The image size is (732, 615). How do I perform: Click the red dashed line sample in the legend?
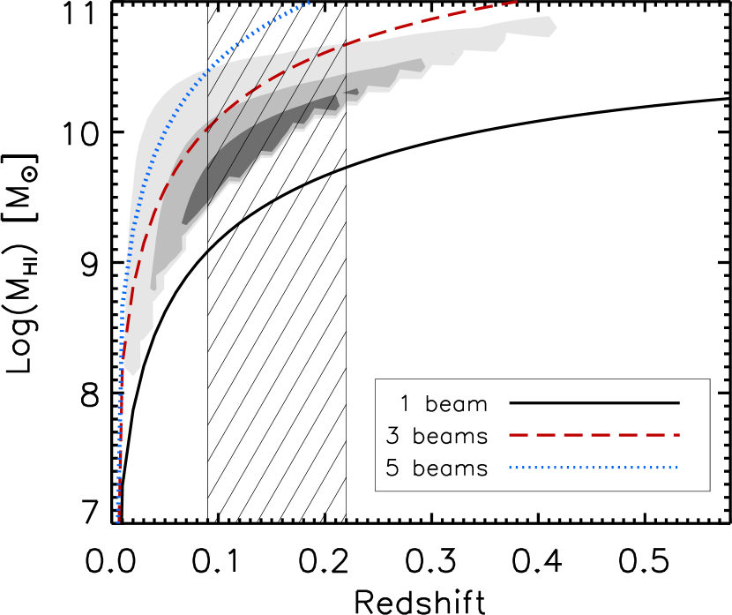[594, 435]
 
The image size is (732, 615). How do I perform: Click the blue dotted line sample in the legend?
[594, 468]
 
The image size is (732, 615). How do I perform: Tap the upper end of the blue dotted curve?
[309, 3]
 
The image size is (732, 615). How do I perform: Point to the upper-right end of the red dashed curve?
[517, 2]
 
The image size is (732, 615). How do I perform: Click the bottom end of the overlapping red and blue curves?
[118, 522]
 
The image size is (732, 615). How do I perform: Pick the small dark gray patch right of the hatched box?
[352, 92]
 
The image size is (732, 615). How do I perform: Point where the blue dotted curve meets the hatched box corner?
[208, 68]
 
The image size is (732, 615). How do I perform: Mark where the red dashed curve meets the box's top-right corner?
[346, 43]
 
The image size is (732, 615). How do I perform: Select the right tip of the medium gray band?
[425, 67]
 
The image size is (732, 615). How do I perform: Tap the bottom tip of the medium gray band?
[153, 289]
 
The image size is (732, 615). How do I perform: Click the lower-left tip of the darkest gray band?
[183, 222]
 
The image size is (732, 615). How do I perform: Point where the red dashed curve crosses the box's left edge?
[207, 128]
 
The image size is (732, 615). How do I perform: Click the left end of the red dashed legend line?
[510, 435]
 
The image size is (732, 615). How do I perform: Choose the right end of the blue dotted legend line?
[677, 468]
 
